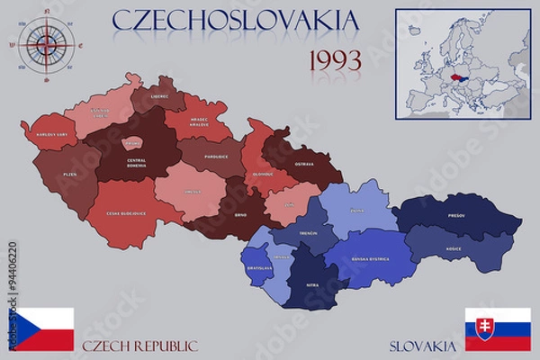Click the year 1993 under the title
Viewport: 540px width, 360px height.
coord(335,60)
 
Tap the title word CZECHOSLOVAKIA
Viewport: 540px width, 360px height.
coord(236,20)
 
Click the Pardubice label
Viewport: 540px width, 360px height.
coord(215,157)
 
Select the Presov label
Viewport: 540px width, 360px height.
coord(457,216)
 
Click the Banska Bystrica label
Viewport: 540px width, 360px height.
coord(371,259)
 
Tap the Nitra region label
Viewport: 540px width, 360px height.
coord(310,286)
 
